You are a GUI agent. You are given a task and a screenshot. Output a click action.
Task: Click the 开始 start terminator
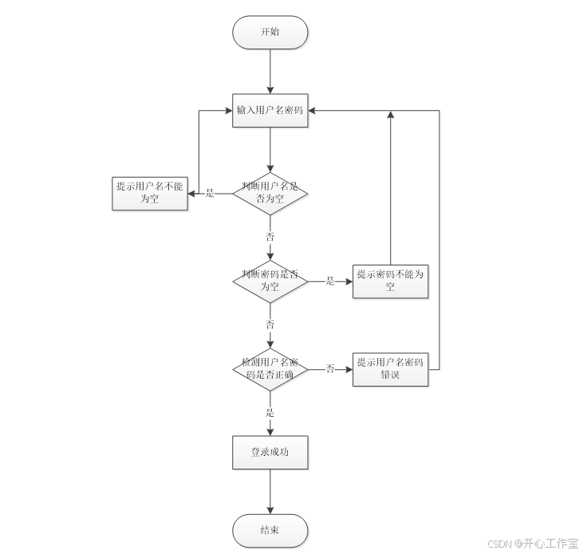270,32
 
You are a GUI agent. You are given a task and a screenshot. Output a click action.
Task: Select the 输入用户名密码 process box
270,110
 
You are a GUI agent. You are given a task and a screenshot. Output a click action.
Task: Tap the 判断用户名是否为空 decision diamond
270,193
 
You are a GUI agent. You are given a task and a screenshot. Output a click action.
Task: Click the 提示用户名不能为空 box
149,193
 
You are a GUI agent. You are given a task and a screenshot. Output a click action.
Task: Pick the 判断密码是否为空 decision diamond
270,281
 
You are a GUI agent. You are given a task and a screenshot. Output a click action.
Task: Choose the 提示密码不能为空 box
390,281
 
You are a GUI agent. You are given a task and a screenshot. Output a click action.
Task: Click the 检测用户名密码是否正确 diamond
270,368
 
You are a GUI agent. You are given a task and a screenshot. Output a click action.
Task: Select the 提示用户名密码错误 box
390,368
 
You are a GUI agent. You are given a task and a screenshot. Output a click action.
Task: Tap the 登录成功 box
270,452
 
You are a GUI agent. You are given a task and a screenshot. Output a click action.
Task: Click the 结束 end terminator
270,530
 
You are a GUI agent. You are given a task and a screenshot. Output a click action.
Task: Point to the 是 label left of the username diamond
211,193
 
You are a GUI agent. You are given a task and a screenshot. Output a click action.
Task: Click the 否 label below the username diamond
270,237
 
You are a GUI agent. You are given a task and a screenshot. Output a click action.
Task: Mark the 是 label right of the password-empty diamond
329,281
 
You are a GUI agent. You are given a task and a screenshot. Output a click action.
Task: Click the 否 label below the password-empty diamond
270,324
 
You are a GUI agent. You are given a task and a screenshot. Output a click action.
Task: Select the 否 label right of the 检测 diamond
329,368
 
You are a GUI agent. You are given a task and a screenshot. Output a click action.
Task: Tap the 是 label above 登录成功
270,412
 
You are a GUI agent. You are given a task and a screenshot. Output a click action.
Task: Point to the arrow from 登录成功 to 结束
270,490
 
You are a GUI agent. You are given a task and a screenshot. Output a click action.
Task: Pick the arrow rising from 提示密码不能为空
390,191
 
